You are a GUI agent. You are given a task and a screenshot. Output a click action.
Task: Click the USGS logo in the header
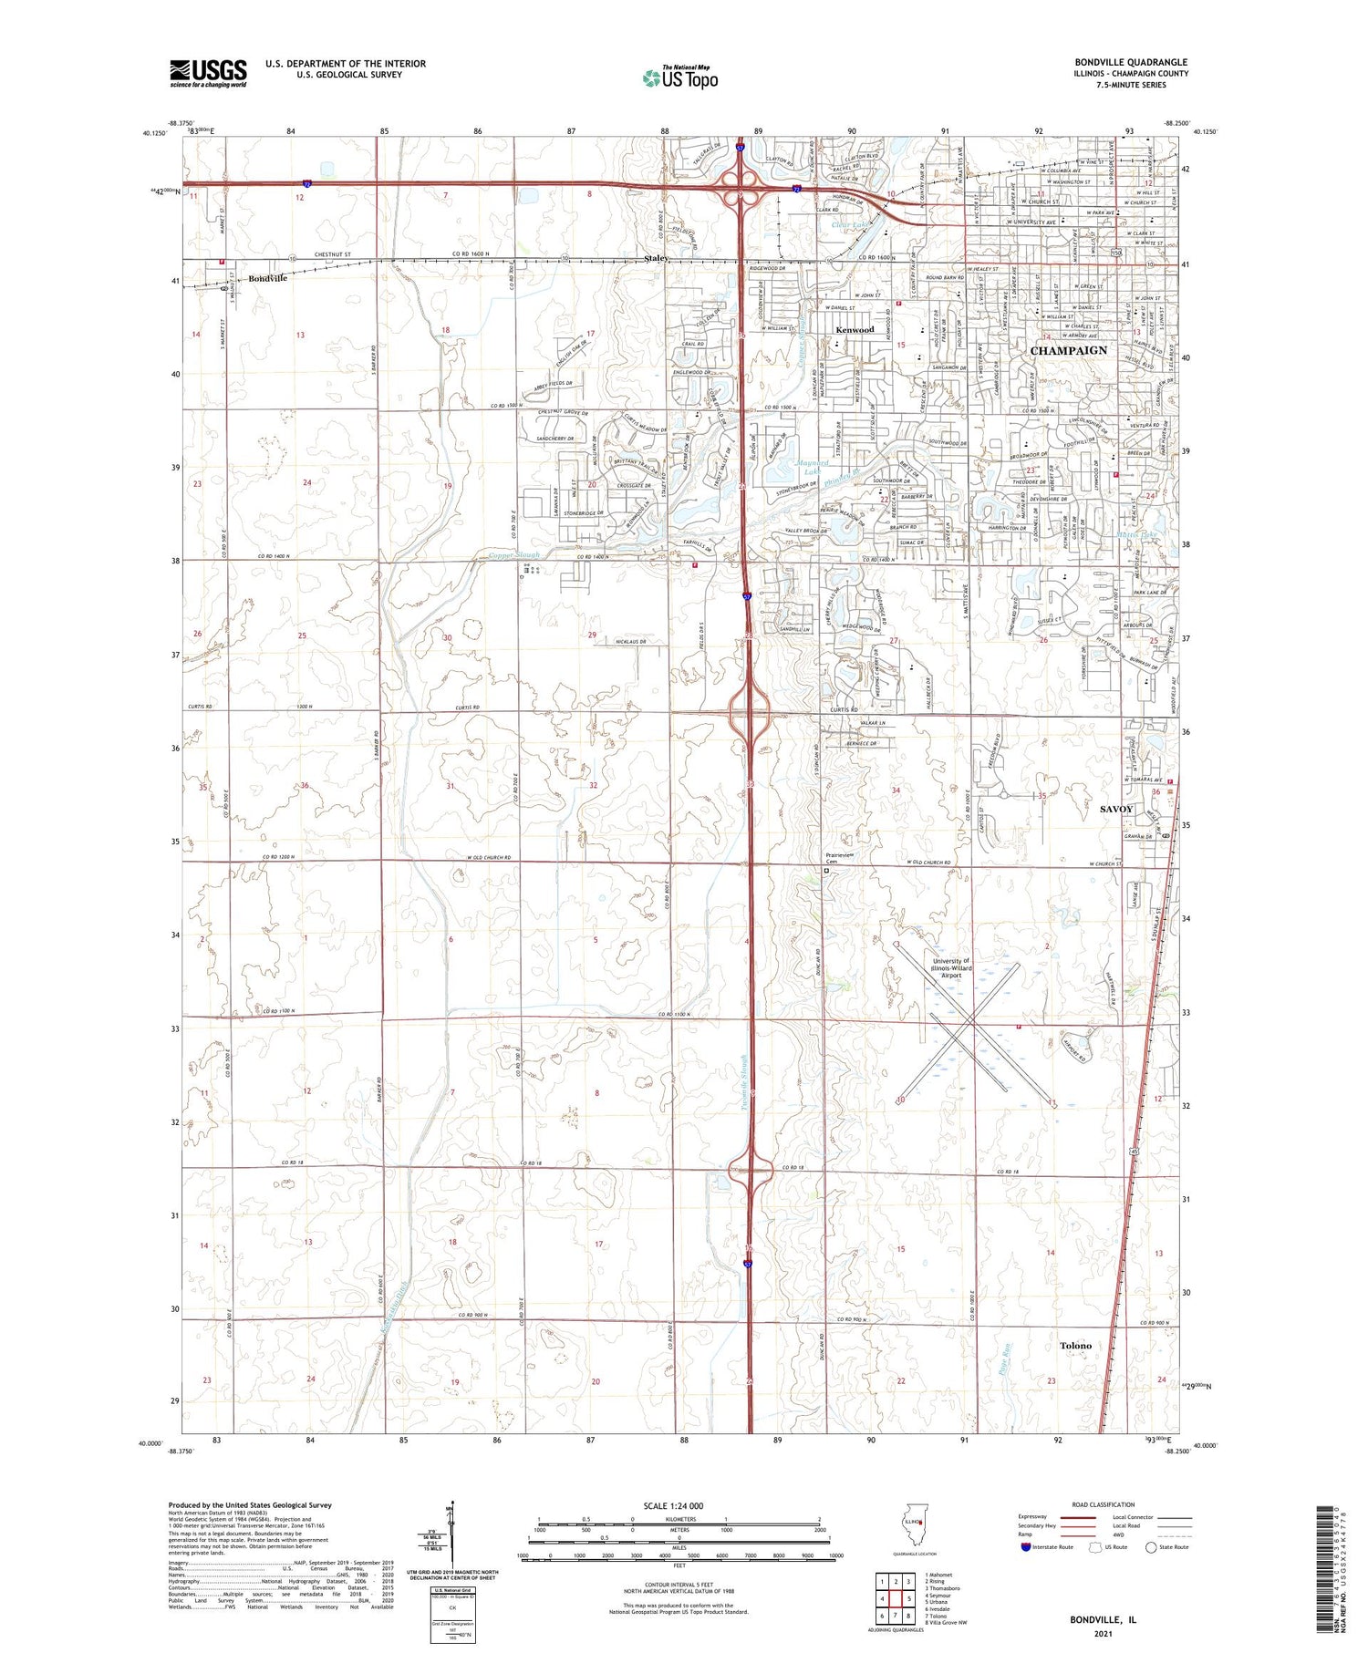tap(208, 73)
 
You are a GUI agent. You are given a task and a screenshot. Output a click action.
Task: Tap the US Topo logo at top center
tap(679, 78)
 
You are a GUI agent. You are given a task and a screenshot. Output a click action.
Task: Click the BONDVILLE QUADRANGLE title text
tap(1130, 63)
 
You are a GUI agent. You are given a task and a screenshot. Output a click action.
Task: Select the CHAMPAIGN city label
tap(1068, 350)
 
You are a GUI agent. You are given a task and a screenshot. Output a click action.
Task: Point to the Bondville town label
tap(268, 278)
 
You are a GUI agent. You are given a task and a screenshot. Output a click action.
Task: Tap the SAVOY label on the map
tap(1116, 809)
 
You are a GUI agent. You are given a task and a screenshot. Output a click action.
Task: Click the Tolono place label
tap(1075, 1345)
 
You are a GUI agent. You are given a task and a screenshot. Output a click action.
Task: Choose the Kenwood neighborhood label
tap(855, 329)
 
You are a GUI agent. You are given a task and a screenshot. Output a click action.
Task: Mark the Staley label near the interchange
tap(657, 259)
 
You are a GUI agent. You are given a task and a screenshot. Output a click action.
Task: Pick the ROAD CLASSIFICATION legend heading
tap(1103, 1504)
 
